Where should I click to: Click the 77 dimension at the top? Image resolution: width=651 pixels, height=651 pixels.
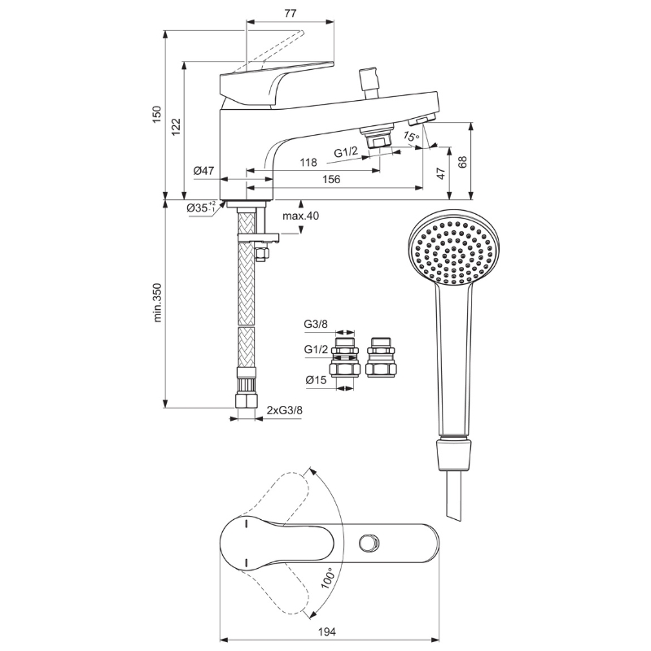pyautogui.click(x=291, y=13)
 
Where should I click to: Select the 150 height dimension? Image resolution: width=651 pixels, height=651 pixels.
pyautogui.click(x=156, y=115)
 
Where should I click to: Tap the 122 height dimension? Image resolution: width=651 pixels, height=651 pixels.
pyautogui.click(x=177, y=127)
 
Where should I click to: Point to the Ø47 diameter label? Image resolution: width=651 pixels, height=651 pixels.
pyautogui.click(x=203, y=170)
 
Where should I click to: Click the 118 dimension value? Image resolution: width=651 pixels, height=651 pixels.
pyautogui.click(x=308, y=162)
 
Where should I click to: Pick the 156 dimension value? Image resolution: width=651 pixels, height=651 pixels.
pyautogui.click(x=331, y=179)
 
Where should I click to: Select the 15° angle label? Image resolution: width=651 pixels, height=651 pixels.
pyautogui.click(x=411, y=136)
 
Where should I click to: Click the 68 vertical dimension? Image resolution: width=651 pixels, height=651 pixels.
pyautogui.click(x=462, y=161)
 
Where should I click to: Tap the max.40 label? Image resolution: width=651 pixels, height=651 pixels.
pyautogui.click(x=300, y=216)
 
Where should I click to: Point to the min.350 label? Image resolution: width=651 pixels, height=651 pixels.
pyautogui.click(x=158, y=303)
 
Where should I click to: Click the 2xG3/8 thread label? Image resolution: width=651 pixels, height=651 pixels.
pyautogui.click(x=285, y=411)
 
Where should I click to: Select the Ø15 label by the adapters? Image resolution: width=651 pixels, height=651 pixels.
pyautogui.click(x=316, y=380)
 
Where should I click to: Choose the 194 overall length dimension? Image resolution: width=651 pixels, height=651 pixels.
pyautogui.click(x=327, y=632)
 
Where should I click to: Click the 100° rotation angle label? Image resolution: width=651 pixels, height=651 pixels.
pyautogui.click(x=328, y=578)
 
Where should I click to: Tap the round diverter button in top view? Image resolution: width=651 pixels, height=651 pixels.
pyautogui.click(x=369, y=542)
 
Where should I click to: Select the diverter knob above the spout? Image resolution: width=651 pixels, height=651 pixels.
pyautogui.click(x=369, y=83)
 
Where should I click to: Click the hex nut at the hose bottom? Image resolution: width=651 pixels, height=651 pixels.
pyautogui.click(x=247, y=400)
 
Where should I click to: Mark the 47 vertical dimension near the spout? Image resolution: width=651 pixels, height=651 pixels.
pyautogui.click(x=442, y=173)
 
